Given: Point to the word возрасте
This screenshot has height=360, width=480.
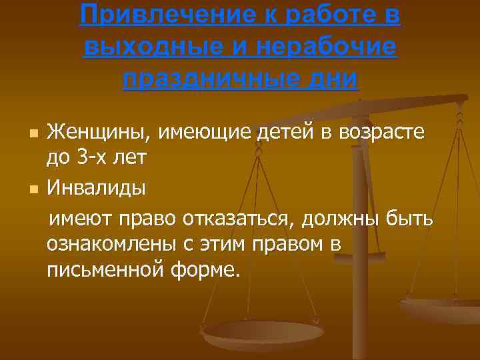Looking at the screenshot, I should pyautogui.click(x=381, y=133).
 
